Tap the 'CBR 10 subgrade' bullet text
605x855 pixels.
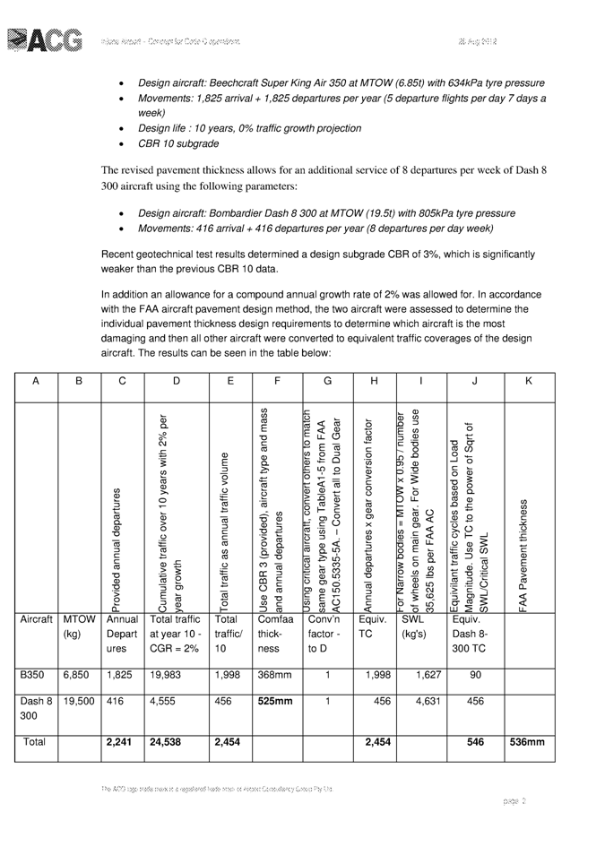click(x=177, y=143)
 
